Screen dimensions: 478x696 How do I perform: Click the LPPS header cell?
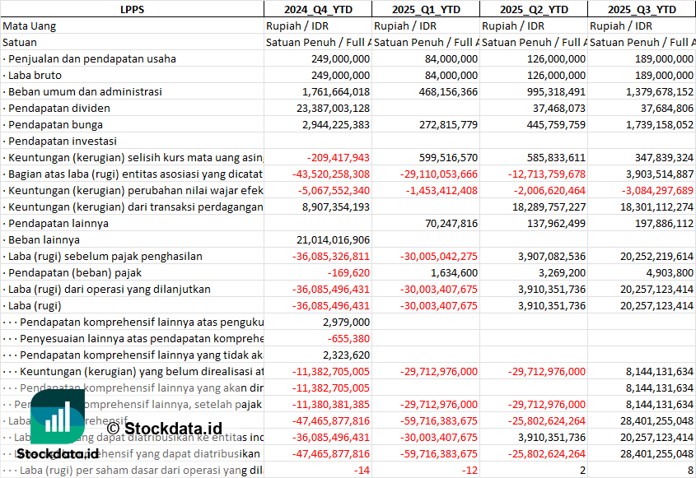[x=132, y=9]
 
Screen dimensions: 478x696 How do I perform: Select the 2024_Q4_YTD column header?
[x=317, y=9]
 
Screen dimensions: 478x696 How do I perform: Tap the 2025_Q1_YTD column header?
[x=425, y=9]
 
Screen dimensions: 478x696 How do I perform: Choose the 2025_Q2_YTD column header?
[x=534, y=9]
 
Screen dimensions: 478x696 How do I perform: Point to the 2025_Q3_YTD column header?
[x=642, y=9]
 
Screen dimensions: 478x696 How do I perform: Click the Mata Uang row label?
[x=30, y=26]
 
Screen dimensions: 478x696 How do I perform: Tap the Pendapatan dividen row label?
[x=53, y=108]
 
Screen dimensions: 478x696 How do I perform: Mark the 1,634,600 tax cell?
[x=454, y=272]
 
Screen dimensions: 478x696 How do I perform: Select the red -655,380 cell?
[x=350, y=338]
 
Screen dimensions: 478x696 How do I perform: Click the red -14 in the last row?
[x=361, y=470]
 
